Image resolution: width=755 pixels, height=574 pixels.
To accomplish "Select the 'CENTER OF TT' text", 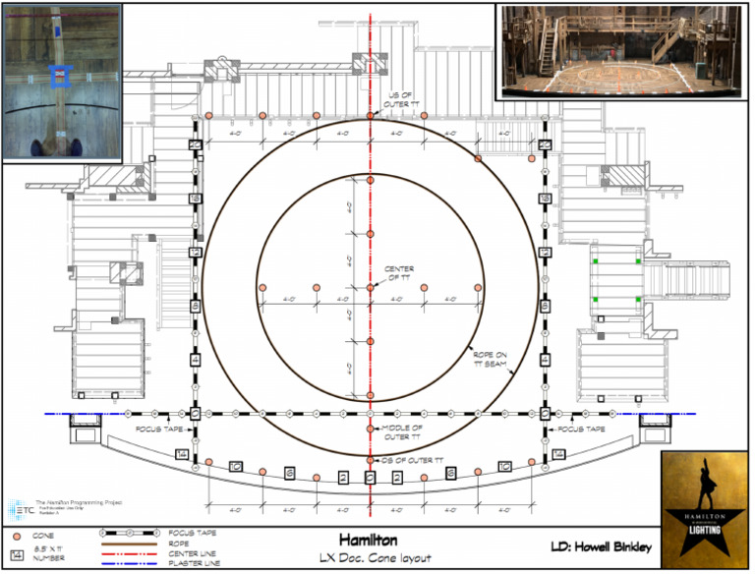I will (x=399, y=272).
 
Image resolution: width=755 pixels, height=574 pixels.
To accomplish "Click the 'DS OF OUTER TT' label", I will (x=410, y=460).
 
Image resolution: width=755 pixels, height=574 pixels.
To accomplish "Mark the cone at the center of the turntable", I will (x=371, y=287).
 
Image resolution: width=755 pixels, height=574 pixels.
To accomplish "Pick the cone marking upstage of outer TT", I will (x=371, y=116).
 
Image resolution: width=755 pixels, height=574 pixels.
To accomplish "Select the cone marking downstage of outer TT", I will (x=371, y=460).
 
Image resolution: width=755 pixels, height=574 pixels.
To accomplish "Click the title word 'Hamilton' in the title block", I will (x=370, y=541).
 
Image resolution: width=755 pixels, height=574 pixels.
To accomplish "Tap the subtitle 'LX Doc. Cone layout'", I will (x=370, y=558).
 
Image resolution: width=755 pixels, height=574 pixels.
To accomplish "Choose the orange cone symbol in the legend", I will (x=16, y=538).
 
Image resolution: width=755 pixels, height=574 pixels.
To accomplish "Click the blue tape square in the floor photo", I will (x=61, y=75).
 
